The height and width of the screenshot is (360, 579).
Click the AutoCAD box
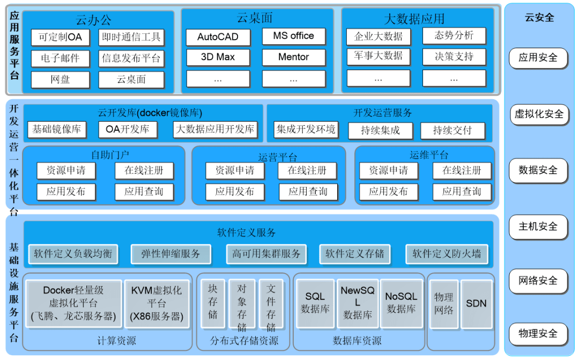pos(218,37)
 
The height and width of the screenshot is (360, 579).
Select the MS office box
pos(293,36)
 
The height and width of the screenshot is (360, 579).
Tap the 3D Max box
pos(218,57)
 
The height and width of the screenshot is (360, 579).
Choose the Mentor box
pos(293,57)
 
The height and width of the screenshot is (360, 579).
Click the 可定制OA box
pos(60,37)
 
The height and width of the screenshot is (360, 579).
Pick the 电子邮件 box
pos(60,58)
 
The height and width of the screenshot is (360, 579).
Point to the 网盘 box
pos(60,80)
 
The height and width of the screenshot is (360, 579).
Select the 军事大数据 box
pos(378,56)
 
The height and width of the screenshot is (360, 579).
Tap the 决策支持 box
pos(454,56)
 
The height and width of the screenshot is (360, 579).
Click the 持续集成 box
pos(380,130)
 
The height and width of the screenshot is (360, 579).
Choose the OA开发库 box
pos(128,129)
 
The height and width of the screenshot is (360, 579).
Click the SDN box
pos(476,304)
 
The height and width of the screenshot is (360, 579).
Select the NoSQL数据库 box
pos(402,303)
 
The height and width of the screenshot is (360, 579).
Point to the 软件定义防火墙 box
pos(447,254)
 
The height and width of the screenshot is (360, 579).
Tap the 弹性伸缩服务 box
pos(170,254)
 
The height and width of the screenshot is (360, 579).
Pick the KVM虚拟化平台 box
pos(157,303)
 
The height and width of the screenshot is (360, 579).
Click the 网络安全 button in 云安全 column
pos(538,280)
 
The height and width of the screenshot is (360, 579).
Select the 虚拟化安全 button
pos(539,114)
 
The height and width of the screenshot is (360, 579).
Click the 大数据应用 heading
pos(414,19)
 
